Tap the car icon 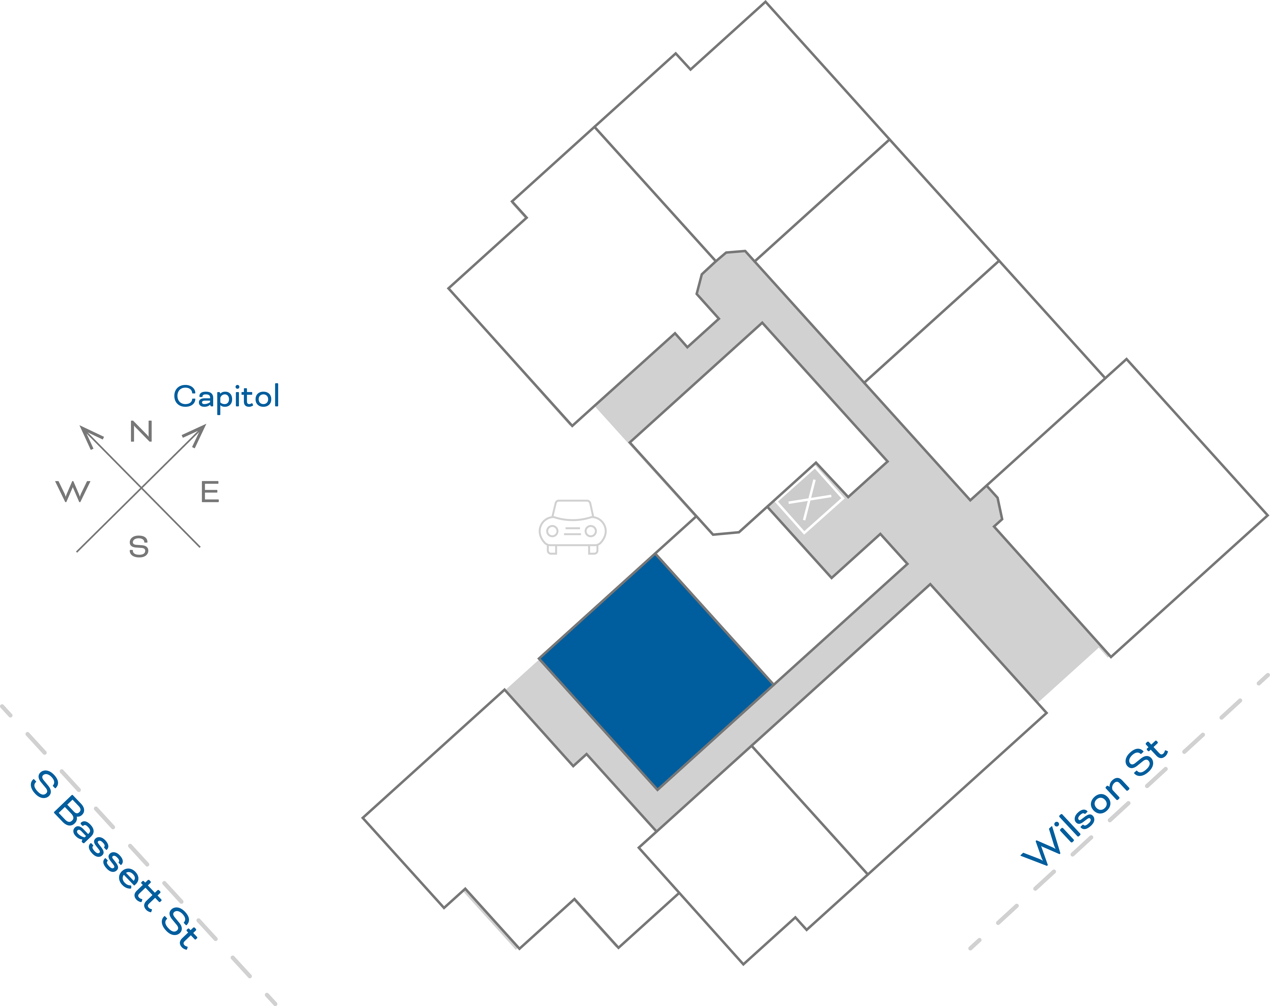pyautogui.click(x=572, y=527)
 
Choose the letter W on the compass pyautogui.click(x=73, y=491)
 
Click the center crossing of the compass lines pyautogui.click(x=141, y=488)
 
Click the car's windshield pyautogui.click(x=572, y=509)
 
